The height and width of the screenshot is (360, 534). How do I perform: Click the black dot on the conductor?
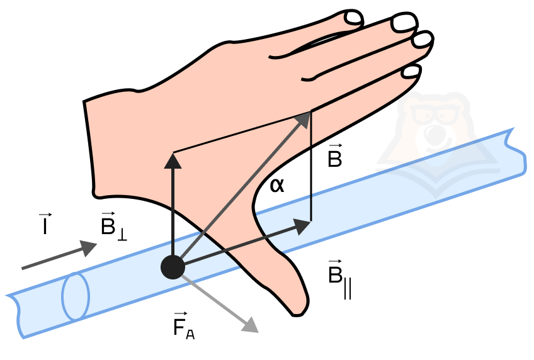173,267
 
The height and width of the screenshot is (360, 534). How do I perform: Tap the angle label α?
277,186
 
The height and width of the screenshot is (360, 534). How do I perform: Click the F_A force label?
184,325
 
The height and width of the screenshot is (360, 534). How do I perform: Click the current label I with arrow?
45,224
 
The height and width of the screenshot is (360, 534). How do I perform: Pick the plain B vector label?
335,156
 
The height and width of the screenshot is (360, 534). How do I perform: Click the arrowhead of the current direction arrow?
89,247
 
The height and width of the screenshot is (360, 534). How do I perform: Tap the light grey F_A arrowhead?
251,325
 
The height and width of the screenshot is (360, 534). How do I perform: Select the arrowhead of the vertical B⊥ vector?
173,161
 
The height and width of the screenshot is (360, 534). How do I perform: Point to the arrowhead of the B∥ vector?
302,227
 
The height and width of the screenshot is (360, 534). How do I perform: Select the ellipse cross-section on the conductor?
76,296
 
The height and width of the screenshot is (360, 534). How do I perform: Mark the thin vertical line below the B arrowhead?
310,167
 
